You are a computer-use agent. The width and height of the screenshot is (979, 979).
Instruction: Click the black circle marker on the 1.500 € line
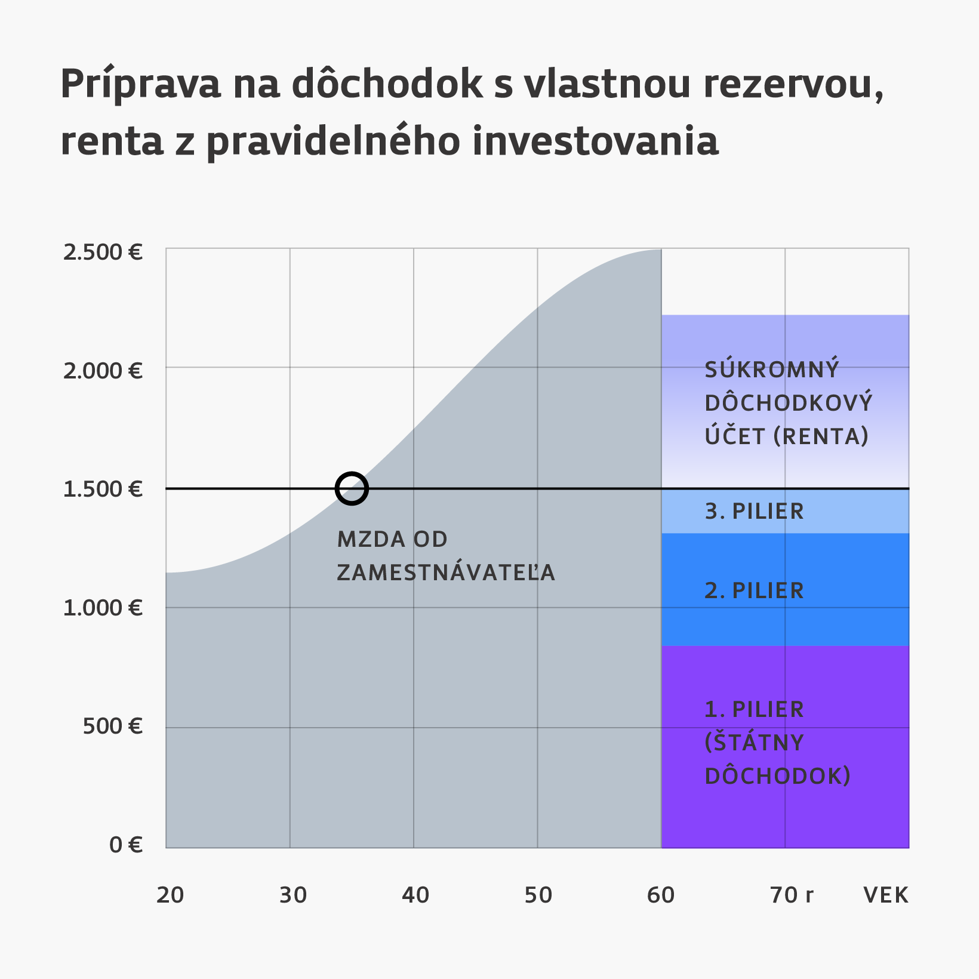tap(352, 488)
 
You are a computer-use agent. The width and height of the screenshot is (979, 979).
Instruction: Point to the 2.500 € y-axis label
tap(103, 253)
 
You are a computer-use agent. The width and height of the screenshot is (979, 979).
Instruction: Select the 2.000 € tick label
tap(103, 371)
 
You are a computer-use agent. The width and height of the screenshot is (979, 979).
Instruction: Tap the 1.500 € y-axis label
tap(103, 489)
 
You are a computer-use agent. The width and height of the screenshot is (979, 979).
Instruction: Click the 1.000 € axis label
tap(103, 608)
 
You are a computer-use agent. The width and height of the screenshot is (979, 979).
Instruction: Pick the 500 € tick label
tap(112, 726)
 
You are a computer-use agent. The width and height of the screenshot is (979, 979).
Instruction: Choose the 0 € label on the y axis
tap(126, 845)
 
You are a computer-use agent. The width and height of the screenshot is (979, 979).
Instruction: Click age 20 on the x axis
tap(170, 895)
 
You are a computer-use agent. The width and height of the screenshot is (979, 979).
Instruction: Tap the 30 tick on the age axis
tap(293, 895)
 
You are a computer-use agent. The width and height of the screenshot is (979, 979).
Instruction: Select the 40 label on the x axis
tap(415, 895)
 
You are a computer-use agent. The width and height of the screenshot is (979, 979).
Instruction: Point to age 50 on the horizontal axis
tap(538, 895)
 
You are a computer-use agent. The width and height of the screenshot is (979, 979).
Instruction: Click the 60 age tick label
tap(661, 895)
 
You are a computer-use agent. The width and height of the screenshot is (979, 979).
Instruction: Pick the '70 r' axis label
tap(792, 895)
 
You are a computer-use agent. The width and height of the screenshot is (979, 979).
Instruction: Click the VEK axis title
tap(886, 895)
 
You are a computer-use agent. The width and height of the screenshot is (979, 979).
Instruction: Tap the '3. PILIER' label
tap(754, 512)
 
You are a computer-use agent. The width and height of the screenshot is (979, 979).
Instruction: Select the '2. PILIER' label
tap(754, 591)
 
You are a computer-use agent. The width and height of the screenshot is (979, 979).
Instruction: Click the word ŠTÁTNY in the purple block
tap(755, 743)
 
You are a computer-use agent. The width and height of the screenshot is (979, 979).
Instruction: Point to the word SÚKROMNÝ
tap(772, 370)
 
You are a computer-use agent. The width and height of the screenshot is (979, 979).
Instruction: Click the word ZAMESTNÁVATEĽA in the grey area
tap(446, 573)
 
